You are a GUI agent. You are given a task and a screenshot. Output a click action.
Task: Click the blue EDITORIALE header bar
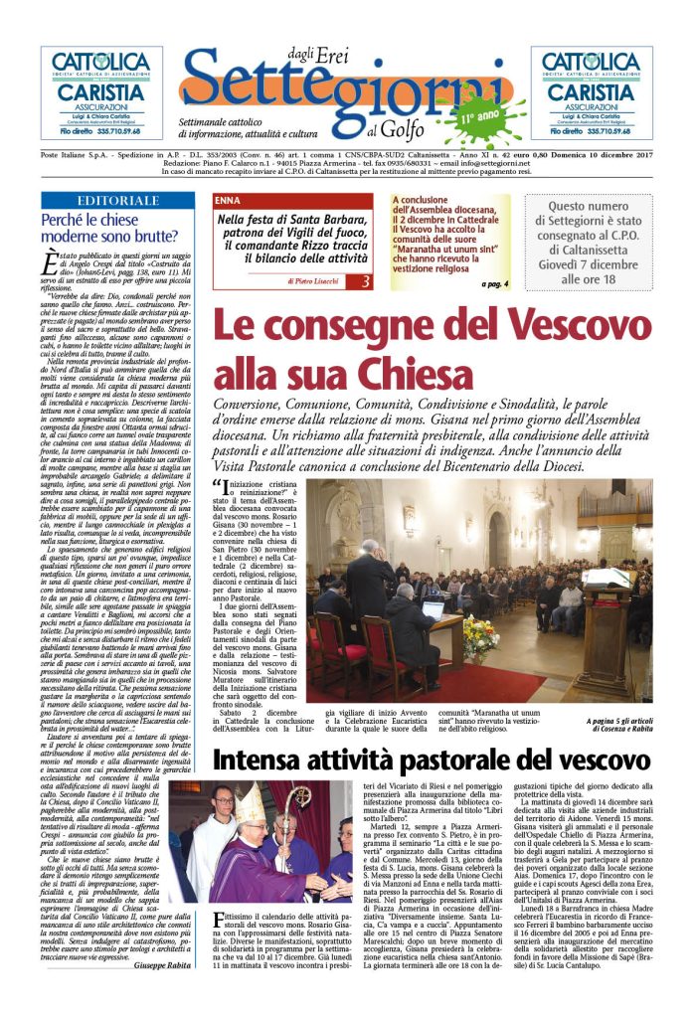117,201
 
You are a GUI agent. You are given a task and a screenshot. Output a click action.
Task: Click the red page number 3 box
364,282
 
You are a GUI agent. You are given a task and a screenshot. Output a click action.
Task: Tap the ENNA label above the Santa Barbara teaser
228,201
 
